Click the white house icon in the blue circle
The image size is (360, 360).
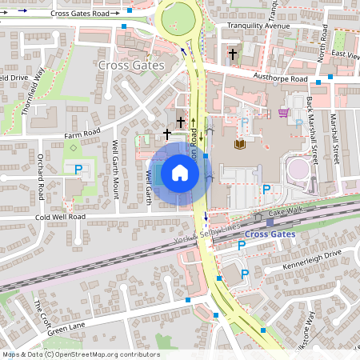click(180, 173)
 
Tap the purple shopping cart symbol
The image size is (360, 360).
click(284, 113)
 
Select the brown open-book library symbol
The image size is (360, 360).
click(239, 144)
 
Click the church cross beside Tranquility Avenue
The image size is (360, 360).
click(233, 54)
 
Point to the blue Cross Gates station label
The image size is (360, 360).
click(269, 234)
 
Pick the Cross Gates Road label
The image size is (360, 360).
click(79, 14)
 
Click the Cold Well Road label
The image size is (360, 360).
click(59, 217)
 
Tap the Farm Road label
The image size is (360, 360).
click(82, 132)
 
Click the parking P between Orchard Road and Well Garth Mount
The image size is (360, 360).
click(78, 169)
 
